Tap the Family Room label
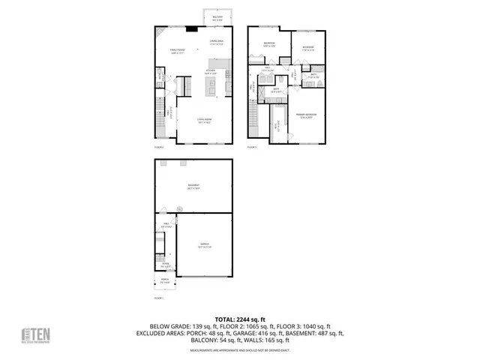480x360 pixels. tap(177, 52)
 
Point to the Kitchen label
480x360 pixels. tap(211, 72)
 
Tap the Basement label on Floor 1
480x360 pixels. tap(193, 189)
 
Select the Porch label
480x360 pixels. tap(164, 280)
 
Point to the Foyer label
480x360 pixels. tap(164, 265)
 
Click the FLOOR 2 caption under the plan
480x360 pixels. tap(158, 148)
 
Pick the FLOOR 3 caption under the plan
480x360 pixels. tap(253, 148)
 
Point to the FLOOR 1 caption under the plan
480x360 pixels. tap(158, 298)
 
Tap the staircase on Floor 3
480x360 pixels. tap(253, 116)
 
